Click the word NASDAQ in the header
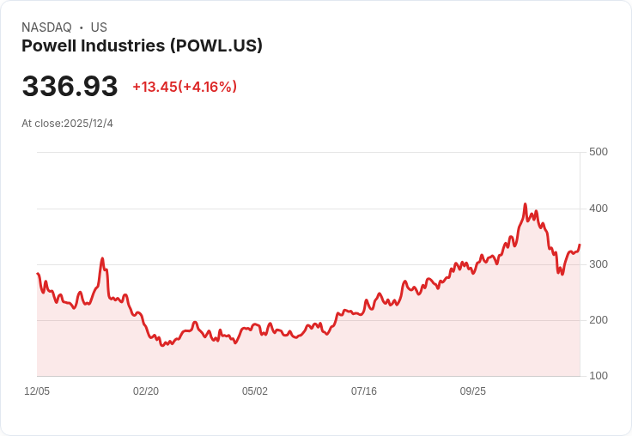point(46,27)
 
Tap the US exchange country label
point(99,27)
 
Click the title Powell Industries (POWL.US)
point(142,46)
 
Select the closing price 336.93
point(70,87)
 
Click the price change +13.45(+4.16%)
point(185,87)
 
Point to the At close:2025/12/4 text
point(67,124)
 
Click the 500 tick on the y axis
point(598,152)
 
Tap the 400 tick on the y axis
point(598,209)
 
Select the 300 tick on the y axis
point(598,264)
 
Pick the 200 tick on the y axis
point(598,320)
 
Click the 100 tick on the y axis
point(598,376)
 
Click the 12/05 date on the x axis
point(37,391)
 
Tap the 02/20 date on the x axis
point(146,391)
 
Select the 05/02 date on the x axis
point(255,391)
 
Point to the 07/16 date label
point(364,391)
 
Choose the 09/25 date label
point(473,391)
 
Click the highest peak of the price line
point(525,204)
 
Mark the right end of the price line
point(580,245)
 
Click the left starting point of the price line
point(38,274)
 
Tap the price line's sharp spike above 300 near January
point(102,258)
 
